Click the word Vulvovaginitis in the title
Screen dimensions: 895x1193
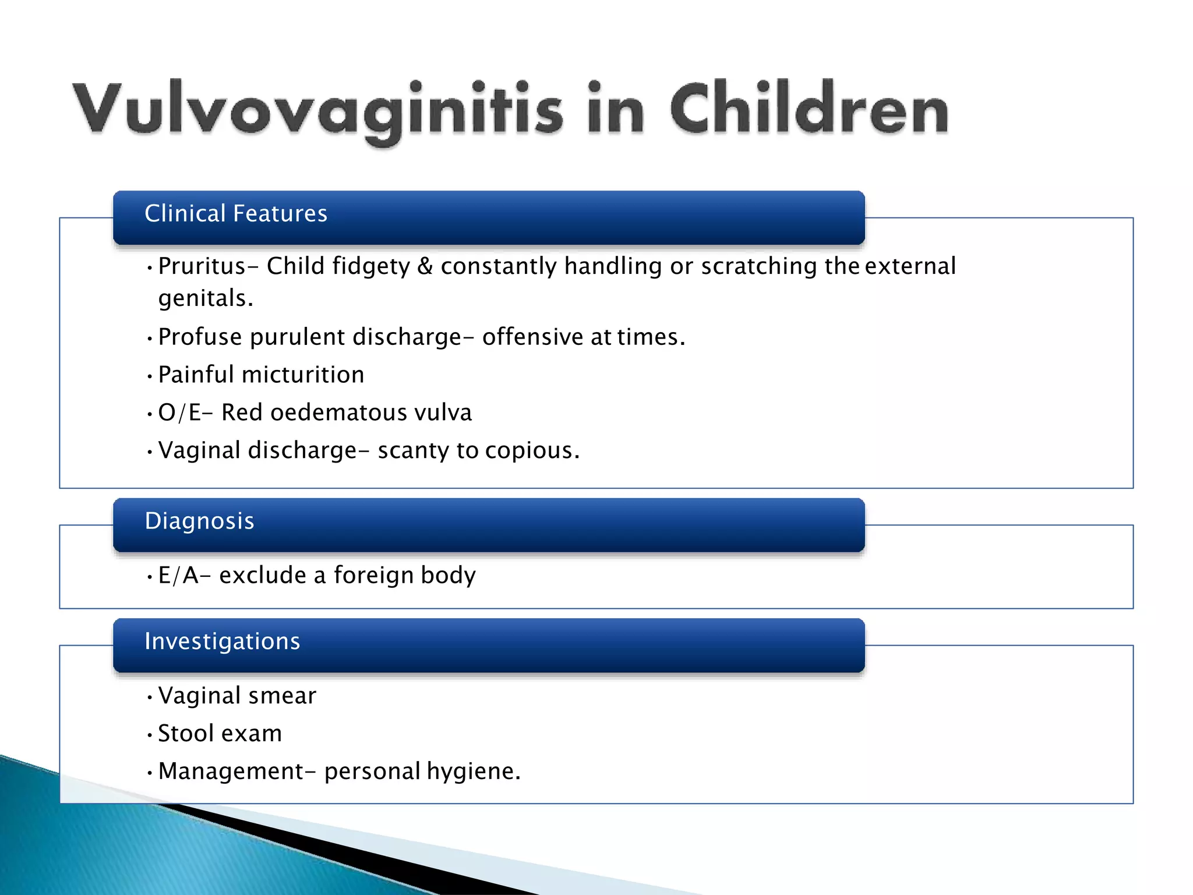point(317,110)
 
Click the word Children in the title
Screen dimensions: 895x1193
point(810,108)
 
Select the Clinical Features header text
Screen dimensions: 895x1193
point(236,214)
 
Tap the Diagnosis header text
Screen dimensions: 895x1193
point(199,521)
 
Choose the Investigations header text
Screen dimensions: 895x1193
point(222,642)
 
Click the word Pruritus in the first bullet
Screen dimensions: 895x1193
point(202,267)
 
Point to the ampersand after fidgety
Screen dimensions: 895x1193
point(425,267)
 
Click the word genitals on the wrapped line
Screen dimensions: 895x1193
point(205,299)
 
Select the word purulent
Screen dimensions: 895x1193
point(297,337)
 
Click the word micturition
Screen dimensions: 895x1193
point(303,375)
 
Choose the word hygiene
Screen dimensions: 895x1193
point(472,772)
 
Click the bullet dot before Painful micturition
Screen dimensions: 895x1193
point(150,376)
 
